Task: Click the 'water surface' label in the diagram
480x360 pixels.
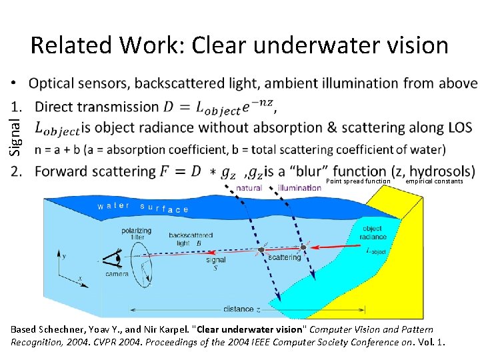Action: tap(143, 207)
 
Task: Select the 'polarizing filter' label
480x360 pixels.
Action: tap(137, 233)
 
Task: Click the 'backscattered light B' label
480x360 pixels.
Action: tap(191, 239)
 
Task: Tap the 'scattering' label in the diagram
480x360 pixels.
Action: tap(285, 257)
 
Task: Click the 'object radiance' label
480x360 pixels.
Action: tap(373, 233)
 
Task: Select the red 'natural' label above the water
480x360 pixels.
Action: tap(249, 188)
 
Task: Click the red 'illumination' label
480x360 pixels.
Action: tap(299, 188)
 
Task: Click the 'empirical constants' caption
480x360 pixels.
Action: tap(434, 181)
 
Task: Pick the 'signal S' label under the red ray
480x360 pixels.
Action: tap(215, 264)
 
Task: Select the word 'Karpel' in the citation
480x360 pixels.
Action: tap(171, 329)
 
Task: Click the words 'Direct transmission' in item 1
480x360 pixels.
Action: tap(97, 107)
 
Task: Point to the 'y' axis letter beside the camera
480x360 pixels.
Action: tap(64, 255)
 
